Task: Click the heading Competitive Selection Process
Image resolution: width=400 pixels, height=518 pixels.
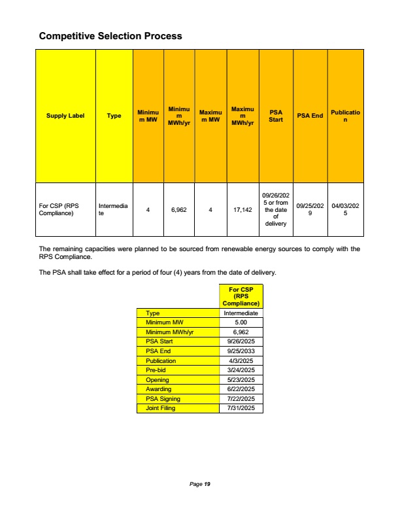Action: pos(110,36)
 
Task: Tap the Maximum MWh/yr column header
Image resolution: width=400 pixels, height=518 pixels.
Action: pos(242,116)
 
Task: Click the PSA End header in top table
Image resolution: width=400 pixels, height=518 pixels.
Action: pos(310,116)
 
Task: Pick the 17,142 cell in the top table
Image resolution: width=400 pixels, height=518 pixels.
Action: pos(242,210)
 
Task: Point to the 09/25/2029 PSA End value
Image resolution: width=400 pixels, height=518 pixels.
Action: pos(310,209)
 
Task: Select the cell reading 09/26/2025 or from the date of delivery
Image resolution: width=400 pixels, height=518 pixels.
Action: pos(276,209)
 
